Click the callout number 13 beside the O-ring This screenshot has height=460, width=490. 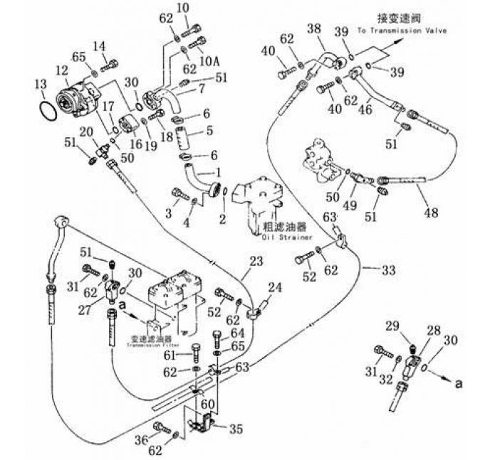40,85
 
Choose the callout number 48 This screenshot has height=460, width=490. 430,211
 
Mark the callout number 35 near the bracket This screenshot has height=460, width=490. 234,429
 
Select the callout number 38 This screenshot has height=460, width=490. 315,29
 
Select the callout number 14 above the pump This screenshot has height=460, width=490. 99,46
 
